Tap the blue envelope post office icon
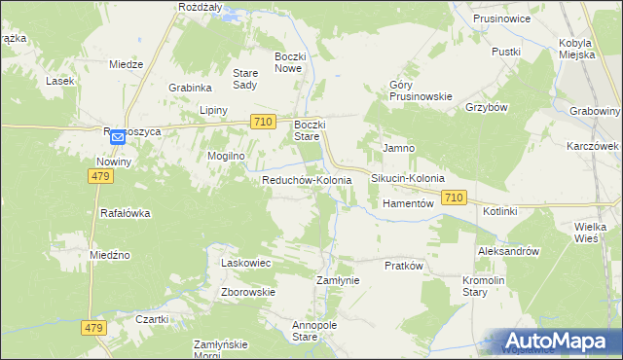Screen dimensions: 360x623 coord(118,138)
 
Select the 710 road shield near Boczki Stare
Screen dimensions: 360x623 coord(261,122)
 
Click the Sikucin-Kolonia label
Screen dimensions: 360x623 coord(408,179)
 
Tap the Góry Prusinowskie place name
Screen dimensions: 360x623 coord(421,90)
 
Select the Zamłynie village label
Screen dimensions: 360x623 coord(339,280)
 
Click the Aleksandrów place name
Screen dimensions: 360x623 coord(508,251)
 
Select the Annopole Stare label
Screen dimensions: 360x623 coord(306,331)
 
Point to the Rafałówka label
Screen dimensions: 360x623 coord(126,213)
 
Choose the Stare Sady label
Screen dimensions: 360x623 coord(244,79)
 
